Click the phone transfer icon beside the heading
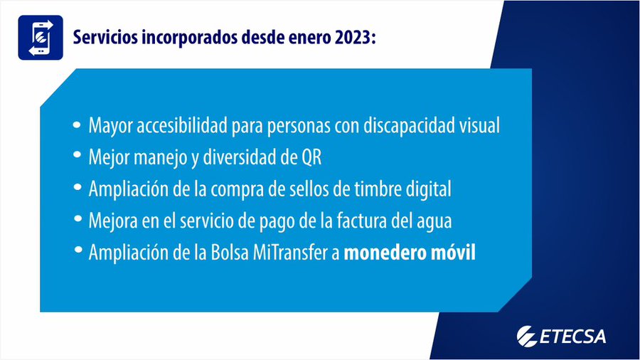click(41, 38)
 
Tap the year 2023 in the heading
click(353, 38)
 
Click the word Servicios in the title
click(105, 38)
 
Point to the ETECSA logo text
click(572, 337)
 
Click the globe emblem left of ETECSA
click(527, 337)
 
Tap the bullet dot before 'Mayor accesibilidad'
click(77, 125)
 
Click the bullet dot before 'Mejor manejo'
click(77, 155)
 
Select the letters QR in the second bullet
click(311, 157)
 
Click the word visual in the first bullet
click(479, 125)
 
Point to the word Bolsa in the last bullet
click(230, 253)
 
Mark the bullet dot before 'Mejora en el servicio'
click(77, 218)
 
